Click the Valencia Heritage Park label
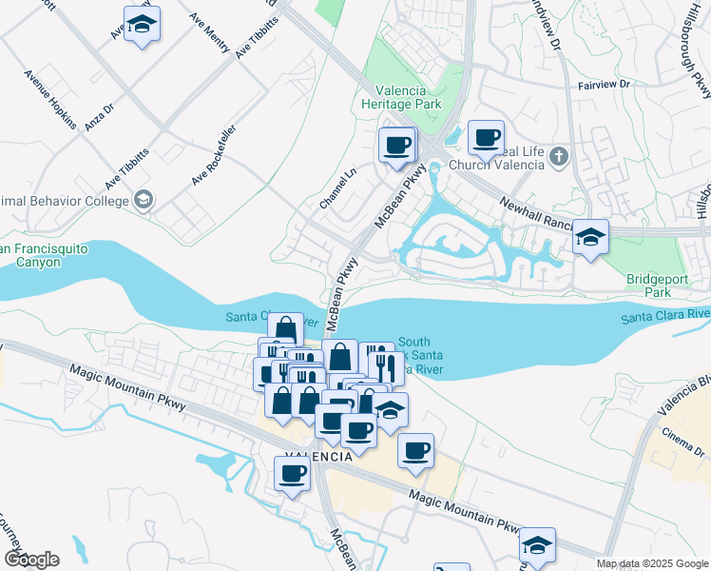pyautogui.click(x=402, y=96)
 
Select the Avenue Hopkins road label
pyautogui.click(x=50, y=97)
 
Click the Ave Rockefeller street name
pyautogui.click(x=213, y=154)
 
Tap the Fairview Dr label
pyautogui.click(x=604, y=85)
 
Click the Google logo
pyautogui.click(x=30, y=559)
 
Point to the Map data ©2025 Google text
pyautogui.click(x=652, y=563)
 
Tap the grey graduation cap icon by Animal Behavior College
pyautogui.click(x=143, y=200)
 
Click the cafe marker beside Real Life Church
pyautogui.click(x=486, y=138)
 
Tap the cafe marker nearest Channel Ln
pyautogui.click(x=397, y=146)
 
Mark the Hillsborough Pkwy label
pyautogui.click(x=697, y=57)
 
